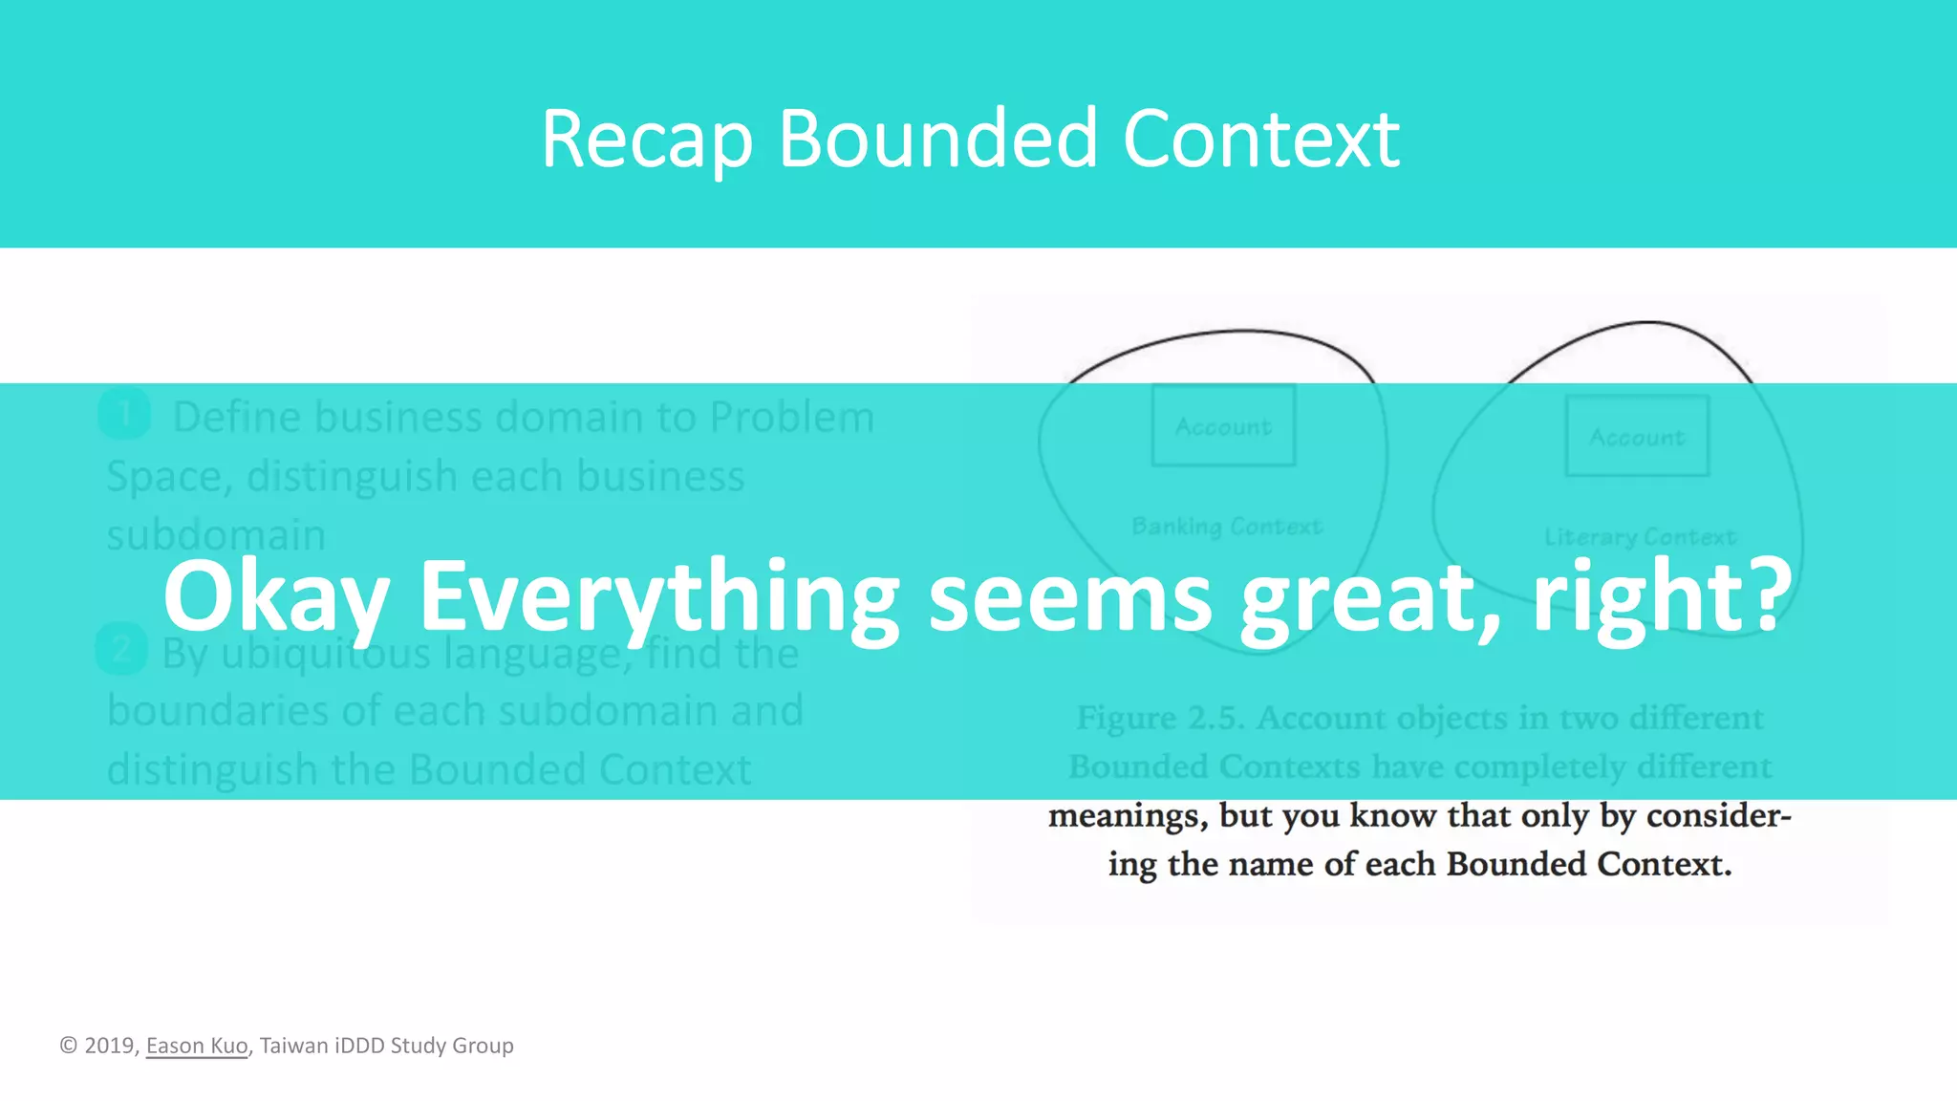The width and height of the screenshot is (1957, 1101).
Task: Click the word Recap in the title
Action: tap(647, 140)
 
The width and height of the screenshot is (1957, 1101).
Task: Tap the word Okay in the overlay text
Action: tap(276, 597)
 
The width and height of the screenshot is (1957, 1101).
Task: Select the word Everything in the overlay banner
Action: tap(659, 597)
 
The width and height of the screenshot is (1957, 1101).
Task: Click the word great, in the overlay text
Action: tap(1371, 597)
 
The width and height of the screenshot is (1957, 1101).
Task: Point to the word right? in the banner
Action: tap(1663, 597)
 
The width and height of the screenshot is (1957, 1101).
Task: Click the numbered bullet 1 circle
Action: tap(124, 415)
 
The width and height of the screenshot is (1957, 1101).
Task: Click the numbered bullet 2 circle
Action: tap(121, 650)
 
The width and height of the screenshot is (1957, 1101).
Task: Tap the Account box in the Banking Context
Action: tap(1223, 426)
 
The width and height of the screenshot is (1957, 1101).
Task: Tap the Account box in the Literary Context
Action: tap(1637, 437)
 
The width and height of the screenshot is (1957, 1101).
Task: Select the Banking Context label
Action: tap(1227, 526)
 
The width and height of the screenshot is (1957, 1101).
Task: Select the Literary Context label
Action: tap(1640, 537)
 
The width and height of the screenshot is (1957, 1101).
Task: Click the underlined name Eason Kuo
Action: tap(197, 1046)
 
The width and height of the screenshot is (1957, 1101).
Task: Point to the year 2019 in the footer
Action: tap(109, 1046)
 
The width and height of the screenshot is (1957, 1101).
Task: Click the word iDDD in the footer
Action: tap(359, 1046)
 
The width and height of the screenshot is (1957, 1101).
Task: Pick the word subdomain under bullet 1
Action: tap(216, 535)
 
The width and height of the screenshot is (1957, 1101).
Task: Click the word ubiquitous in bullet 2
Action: tap(326, 654)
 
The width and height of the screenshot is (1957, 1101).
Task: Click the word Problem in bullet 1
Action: tap(791, 418)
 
